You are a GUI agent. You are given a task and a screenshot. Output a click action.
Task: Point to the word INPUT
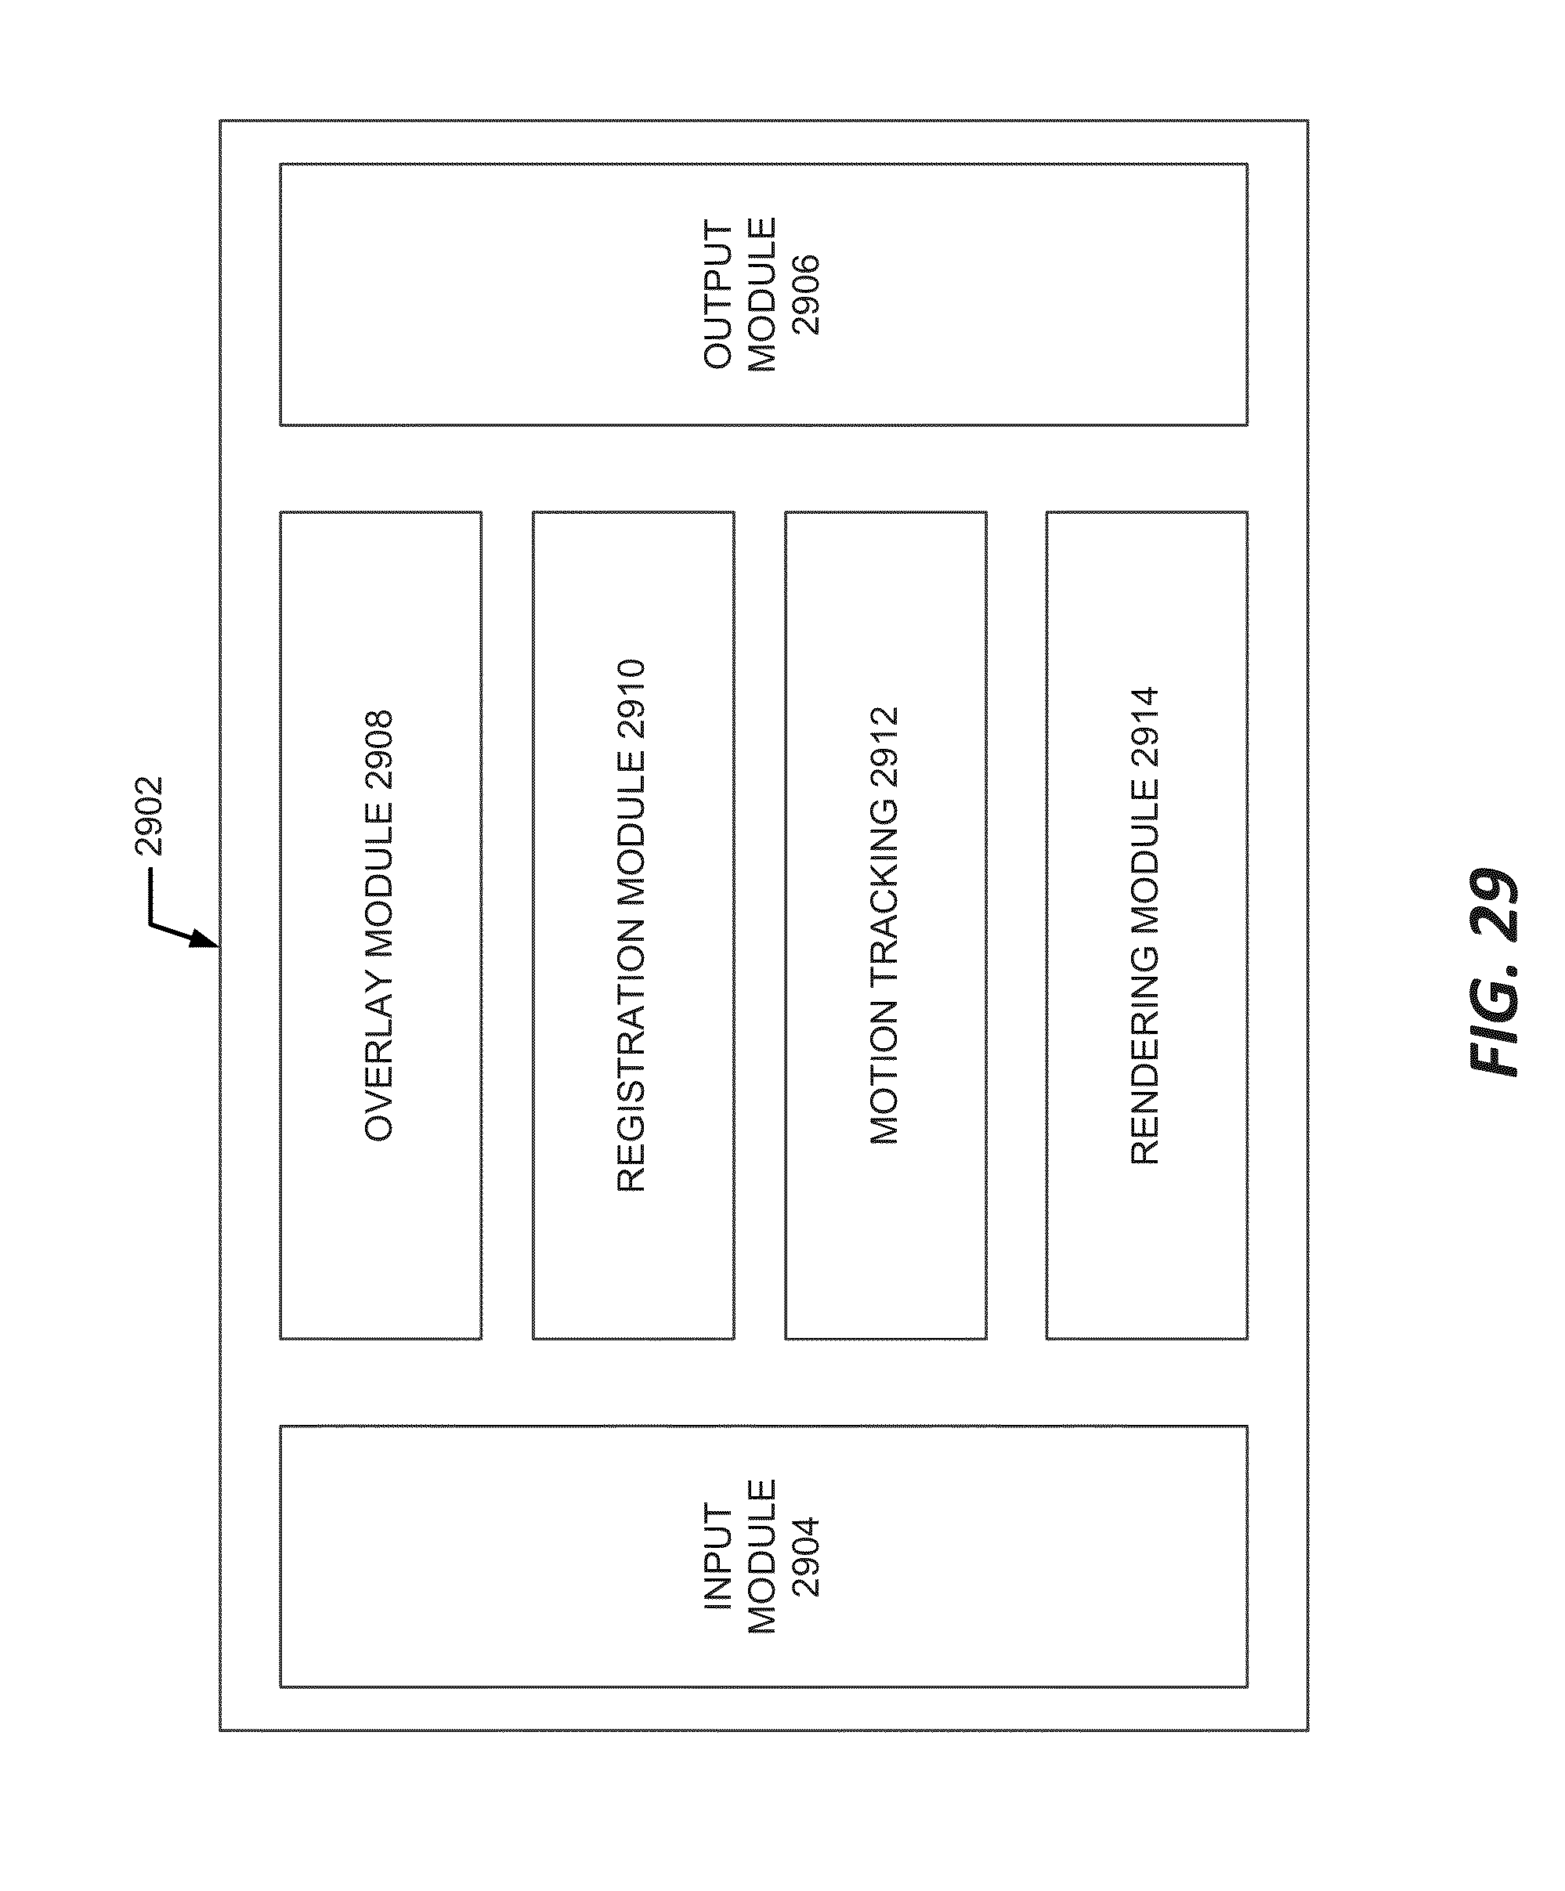tap(718, 1556)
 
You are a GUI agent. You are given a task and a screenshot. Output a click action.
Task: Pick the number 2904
tap(806, 1556)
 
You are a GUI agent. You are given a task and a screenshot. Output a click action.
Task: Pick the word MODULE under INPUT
tap(762, 1556)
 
